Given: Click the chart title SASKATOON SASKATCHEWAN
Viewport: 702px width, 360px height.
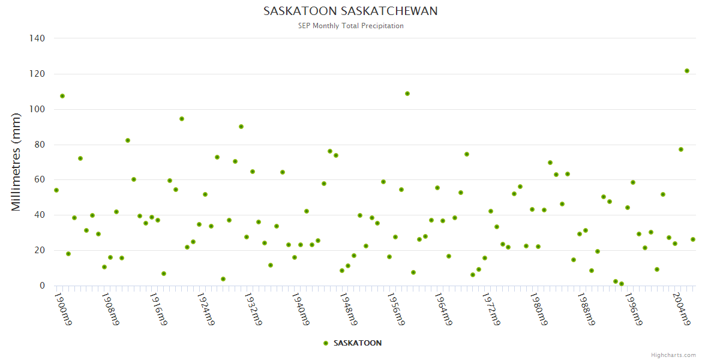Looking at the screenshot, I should (x=350, y=11).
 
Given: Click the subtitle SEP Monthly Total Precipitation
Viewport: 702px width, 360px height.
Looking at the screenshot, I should (x=350, y=26).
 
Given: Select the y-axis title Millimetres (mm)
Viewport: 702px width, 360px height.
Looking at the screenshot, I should (x=16, y=162).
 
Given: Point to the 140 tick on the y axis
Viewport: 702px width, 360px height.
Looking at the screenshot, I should (x=37, y=38).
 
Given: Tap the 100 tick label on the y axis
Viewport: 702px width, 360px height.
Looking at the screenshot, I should (x=37, y=109).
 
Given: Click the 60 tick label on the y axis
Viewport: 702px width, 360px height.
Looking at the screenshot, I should (x=40, y=179).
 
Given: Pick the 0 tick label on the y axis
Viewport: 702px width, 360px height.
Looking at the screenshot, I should (x=42, y=286).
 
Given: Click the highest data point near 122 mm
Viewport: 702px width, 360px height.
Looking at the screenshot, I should (x=687, y=71).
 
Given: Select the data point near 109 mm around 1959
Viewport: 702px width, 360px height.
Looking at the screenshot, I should (x=407, y=94).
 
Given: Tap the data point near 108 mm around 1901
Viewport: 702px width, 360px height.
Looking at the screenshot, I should (x=62, y=96).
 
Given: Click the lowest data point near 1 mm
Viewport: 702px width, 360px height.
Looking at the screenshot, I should (x=622, y=284).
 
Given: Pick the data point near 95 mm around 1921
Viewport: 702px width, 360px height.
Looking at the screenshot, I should (x=182, y=119).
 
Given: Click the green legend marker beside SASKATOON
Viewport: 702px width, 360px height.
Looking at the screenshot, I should (x=326, y=343).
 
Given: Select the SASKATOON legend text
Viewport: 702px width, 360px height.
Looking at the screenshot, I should (x=358, y=343).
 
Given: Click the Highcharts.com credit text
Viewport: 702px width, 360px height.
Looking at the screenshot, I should (x=673, y=355).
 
